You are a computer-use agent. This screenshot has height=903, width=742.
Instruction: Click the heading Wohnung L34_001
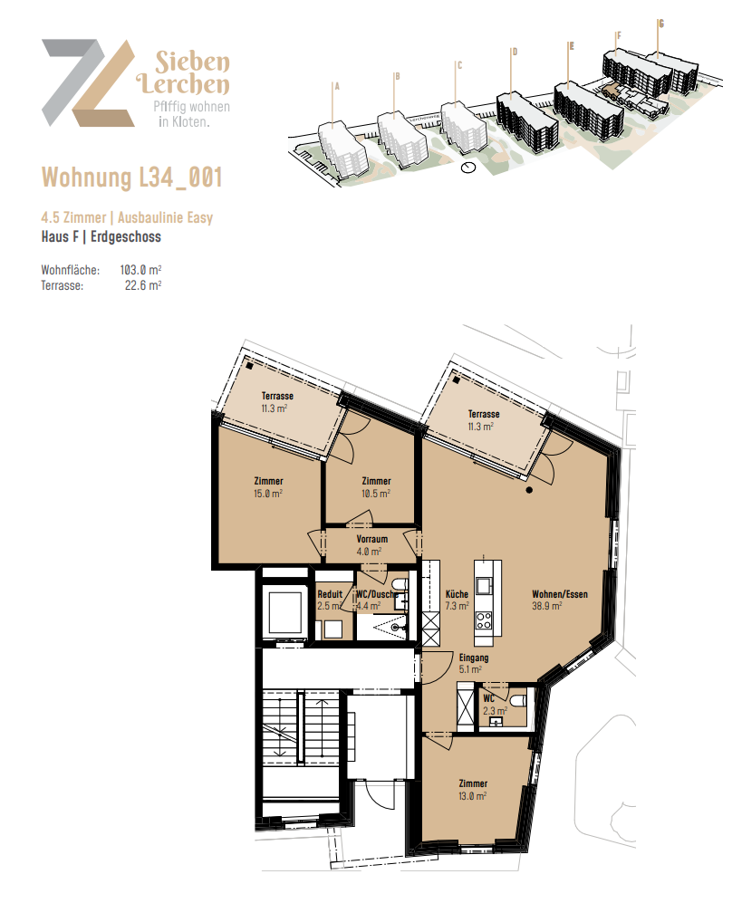pyautogui.click(x=132, y=178)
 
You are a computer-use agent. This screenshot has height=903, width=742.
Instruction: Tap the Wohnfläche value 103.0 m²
pyautogui.click(x=140, y=270)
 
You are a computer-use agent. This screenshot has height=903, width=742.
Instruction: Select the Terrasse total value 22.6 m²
pyautogui.click(x=142, y=284)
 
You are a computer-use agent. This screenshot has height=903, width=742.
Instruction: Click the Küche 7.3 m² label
pyautogui.click(x=457, y=600)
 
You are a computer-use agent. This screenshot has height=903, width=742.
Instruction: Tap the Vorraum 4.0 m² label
pyautogui.click(x=372, y=544)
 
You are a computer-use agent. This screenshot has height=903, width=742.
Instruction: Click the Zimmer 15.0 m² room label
pyautogui.click(x=268, y=487)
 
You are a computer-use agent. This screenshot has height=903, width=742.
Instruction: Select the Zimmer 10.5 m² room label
pyautogui.click(x=375, y=487)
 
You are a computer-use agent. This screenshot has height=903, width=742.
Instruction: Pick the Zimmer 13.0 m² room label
pyautogui.click(x=473, y=789)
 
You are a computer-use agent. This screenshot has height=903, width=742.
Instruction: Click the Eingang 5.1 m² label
pyautogui.click(x=474, y=664)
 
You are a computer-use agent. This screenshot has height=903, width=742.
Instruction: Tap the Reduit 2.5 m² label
pyautogui.click(x=329, y=600)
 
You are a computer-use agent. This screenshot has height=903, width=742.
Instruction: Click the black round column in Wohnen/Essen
pyautogui.click(x=530, y=489)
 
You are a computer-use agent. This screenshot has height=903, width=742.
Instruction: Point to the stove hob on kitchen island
pyautogui.click(x=484, y=621)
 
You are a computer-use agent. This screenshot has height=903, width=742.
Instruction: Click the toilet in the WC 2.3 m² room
pyautogui.click(x=518, y=701)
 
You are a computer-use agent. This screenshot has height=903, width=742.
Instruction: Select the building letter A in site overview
pyautogui.click(x=336, y=87)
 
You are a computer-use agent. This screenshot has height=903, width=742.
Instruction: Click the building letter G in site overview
pyautogui.click(x=660, y=24)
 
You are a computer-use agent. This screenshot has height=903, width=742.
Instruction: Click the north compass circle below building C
pyautogui.click(x=467, y=168)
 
